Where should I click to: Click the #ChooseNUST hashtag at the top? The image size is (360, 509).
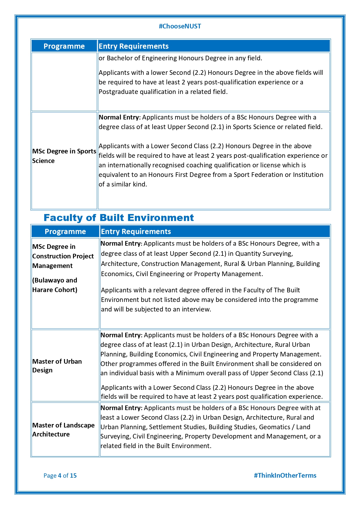click(x=180, y=26)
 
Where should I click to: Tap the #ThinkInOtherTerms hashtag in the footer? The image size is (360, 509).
click(x=285, y=475)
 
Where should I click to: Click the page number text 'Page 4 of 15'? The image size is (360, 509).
click(x=60, y=476)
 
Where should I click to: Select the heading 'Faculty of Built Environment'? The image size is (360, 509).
click(x=119, y=218)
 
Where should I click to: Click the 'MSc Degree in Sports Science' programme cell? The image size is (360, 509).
click(x=64, y=156)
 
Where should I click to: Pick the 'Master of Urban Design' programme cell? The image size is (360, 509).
click(x=57, y=366)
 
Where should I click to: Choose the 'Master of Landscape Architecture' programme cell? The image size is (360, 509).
click(x=63, y=430)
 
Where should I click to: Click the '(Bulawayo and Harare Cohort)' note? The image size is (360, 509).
click(x=55, y=285)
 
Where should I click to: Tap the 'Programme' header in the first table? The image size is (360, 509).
click(x=64, y=46)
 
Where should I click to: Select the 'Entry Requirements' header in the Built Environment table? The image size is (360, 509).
click(x=136, y=232)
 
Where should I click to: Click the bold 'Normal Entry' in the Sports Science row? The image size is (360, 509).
click(x=119, y=117)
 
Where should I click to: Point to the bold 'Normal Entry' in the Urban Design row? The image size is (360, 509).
click(x=121, y=335)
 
